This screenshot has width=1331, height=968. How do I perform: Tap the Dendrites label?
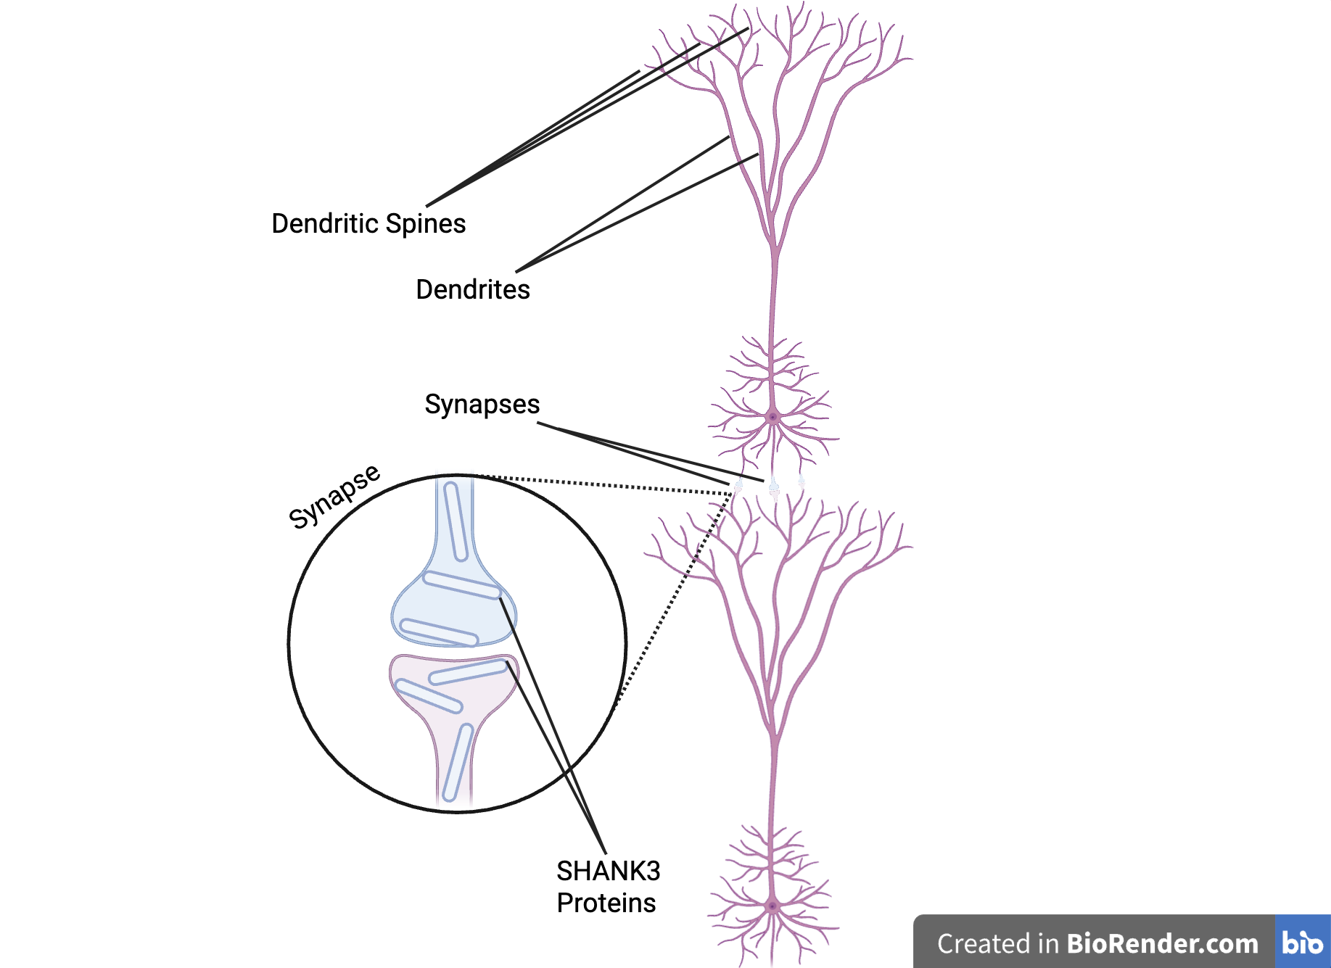[473, 289]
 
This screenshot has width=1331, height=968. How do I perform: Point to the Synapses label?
[482, 404]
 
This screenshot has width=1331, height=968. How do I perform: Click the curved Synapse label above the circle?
[334, 497]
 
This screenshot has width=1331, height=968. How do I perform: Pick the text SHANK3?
[608, 871]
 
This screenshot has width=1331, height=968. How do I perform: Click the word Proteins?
[606, 903]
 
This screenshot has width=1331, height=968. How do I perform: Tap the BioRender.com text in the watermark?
[1162, 943]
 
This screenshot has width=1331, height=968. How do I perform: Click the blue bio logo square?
[1302, 942]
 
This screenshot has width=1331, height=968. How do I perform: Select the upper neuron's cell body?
[772, 417]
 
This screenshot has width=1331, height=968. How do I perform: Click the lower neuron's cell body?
[772, 906]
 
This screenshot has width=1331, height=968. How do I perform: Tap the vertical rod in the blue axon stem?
[456, 522]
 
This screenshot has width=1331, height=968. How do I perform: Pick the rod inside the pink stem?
[458, 762]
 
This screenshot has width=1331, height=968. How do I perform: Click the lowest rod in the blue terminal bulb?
[439, 632]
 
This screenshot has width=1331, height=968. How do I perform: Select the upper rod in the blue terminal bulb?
[462, 584]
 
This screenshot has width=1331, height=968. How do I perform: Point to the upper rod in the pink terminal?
[468, 672]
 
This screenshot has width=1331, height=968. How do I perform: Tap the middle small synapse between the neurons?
[774, 488]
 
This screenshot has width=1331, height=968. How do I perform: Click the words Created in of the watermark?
[998, 943]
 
